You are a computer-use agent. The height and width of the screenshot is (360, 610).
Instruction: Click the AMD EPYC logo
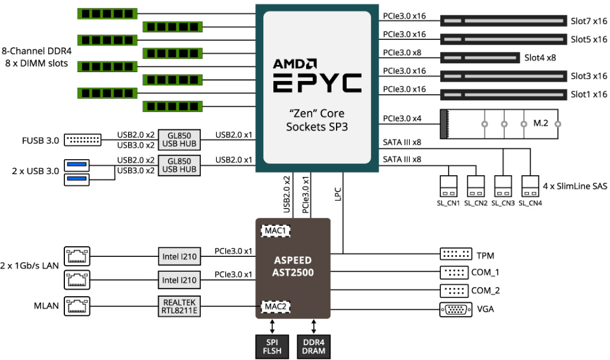317,75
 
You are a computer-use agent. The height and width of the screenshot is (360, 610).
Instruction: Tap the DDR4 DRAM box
314,346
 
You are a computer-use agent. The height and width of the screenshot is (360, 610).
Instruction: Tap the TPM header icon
456,255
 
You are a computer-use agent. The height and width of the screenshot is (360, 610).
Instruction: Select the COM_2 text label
485,291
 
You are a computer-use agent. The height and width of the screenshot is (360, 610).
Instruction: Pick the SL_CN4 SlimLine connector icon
530,186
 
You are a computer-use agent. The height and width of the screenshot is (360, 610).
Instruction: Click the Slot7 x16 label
589,22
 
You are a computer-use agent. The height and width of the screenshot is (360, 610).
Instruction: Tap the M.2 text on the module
540,123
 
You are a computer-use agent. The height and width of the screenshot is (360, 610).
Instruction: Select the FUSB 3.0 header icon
82,140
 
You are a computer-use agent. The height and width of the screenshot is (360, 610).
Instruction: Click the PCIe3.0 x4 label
402,119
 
